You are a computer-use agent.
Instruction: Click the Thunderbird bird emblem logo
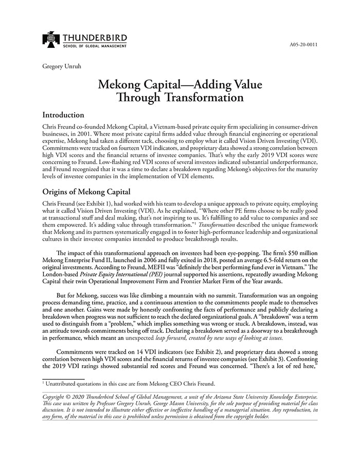pyautogui.click(x=51, y=40)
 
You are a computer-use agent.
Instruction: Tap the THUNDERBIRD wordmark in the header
pyautogui.click(x=95, y=38)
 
